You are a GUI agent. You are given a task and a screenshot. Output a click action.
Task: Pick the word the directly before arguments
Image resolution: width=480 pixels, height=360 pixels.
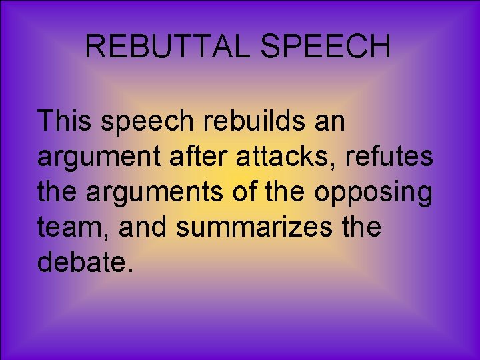coord(58,193)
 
